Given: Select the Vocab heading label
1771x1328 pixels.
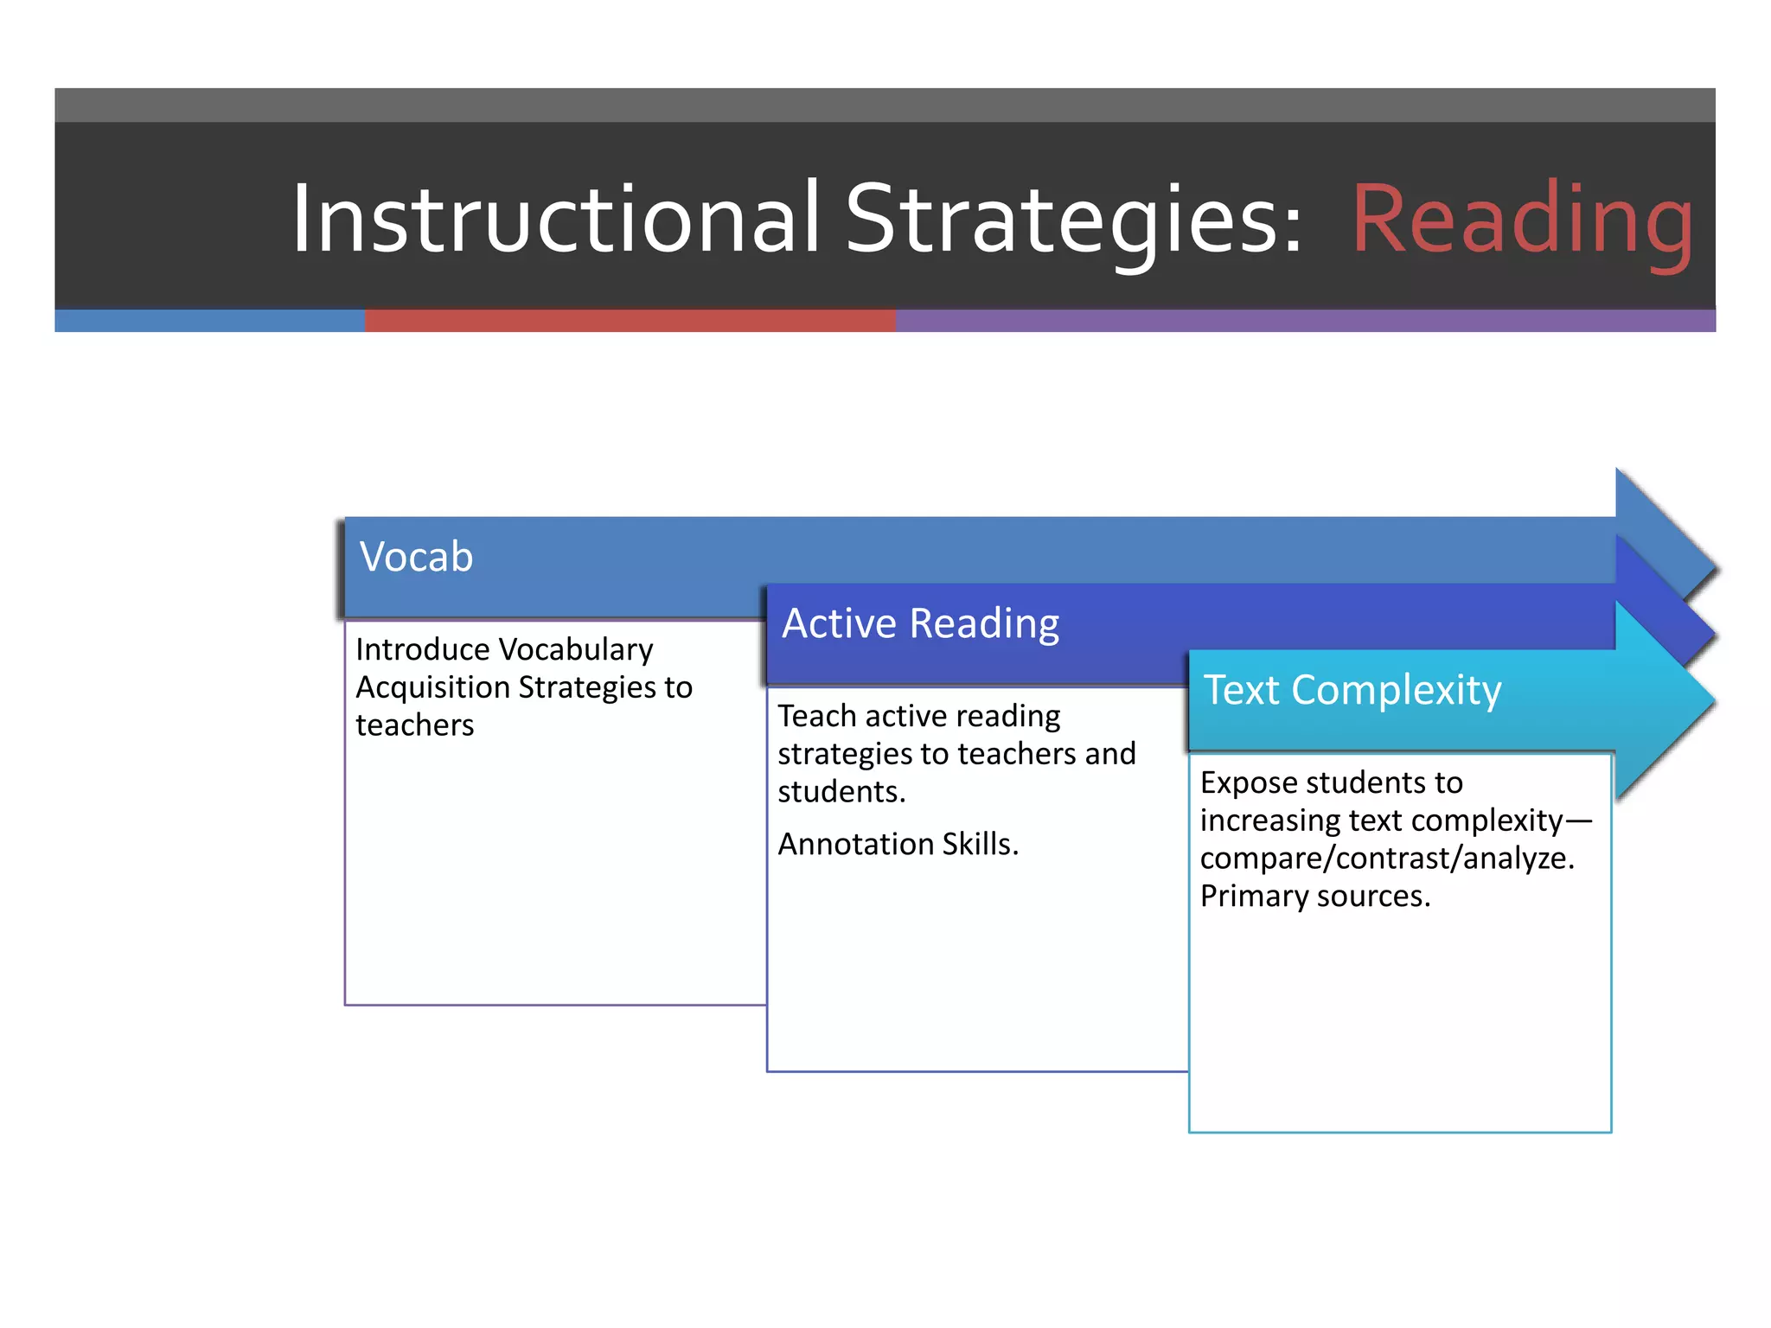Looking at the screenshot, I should [416, 557].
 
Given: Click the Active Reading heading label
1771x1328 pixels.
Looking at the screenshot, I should [920, 623].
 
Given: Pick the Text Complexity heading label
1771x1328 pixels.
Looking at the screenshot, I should [1352, 690].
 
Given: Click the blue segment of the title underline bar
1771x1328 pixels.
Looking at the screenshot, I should [209, 321].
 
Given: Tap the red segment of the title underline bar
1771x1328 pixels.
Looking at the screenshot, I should [630, 321].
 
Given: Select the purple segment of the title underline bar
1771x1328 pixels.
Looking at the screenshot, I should [1306, 321].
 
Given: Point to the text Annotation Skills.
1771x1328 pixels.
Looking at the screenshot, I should [898, 844].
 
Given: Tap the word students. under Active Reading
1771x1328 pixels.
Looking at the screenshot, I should [841, 792].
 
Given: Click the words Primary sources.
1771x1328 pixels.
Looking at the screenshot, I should [1314, 897].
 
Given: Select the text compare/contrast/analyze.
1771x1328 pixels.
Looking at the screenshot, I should [1386, 859].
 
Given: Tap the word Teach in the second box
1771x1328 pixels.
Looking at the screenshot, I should [816, 716].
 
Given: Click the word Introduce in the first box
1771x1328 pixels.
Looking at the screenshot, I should [421, 650].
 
